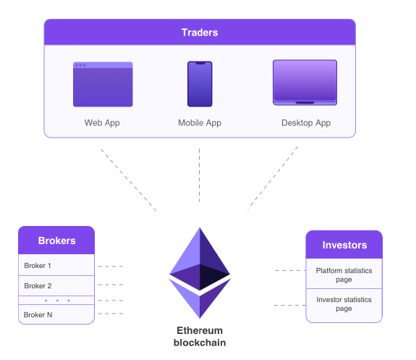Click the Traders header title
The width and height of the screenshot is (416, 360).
(200, 33)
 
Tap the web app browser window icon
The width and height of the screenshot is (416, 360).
(103, 84)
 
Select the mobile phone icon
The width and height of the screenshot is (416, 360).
(200, 84)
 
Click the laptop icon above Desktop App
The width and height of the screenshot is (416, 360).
(305, 83)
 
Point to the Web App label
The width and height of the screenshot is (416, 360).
(102, 123)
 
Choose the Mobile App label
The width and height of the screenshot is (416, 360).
(200, 123)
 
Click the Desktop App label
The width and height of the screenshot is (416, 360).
(306, 123)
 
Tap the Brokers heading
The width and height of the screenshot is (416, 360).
(56, 240)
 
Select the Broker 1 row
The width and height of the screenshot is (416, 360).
(56, 265)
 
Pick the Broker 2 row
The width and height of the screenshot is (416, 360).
(56, 286)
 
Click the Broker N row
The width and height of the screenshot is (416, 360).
(56, 314)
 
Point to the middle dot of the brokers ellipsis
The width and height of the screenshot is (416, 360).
(57, 301)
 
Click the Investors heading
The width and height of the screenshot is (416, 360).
(344, 245)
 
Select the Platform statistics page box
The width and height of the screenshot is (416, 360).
(344, 274)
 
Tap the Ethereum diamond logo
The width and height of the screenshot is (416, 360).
(200, 273)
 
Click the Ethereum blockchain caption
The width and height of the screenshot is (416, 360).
(200, 337)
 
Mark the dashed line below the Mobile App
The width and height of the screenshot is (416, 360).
(199, 175)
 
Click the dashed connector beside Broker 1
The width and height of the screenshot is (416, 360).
(111, 267)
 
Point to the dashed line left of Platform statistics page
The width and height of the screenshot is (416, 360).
(290, 270)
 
